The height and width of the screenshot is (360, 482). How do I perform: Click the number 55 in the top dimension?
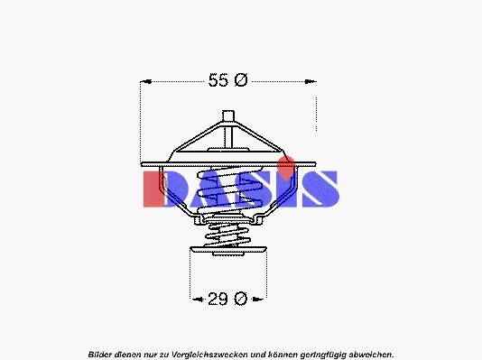(x=218, y=80)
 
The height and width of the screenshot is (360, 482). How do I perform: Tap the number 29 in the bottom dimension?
(x=218, y=299)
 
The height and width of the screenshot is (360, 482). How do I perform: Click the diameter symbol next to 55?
(x=241, y=80)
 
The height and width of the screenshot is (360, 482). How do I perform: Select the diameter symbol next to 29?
(x=240, y=299)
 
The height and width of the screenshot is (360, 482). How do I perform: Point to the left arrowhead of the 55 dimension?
(x=145, y=82)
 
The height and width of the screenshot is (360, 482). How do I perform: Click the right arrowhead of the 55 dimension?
(x=311, y=82)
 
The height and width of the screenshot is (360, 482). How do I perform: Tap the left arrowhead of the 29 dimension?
(x=197, y=299)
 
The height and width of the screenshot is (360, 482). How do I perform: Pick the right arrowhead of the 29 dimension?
(x=257, y=299)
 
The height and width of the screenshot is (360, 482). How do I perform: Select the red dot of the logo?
(x=286, y=168)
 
